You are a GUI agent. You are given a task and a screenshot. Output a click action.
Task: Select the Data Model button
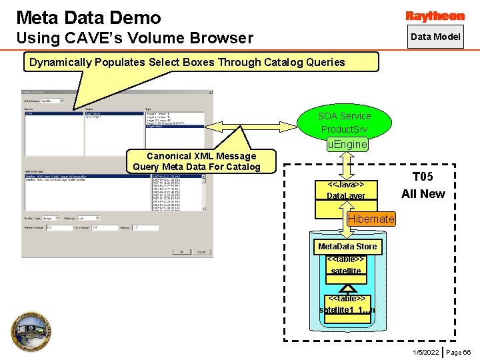pos(435,37)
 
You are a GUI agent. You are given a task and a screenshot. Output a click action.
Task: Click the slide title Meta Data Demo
pos(89,17)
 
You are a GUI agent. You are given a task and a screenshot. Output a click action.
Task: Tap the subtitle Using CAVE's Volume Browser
pos(134,38)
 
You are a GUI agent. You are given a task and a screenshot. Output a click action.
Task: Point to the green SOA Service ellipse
pos(345,120)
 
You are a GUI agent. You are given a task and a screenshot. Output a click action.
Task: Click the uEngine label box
pos(347,144)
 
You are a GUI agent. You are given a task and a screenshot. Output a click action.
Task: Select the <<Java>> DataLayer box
pos(346,190)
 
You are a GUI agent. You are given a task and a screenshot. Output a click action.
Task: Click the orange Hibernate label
pos(371,219)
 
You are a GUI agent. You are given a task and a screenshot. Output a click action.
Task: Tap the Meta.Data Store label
pos(347,246)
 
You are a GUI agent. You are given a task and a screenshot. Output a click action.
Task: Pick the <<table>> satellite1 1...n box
pos(347,305)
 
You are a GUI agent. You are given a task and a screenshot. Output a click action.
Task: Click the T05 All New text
pos(423,185)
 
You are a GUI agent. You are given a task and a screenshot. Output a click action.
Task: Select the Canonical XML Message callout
pos(197,161)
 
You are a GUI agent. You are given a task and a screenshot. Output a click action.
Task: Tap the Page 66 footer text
pos(459,352)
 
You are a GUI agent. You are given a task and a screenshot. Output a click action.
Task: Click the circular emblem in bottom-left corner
pos(31,331)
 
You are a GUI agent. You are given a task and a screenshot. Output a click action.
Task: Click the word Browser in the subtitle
pos(221,38)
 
